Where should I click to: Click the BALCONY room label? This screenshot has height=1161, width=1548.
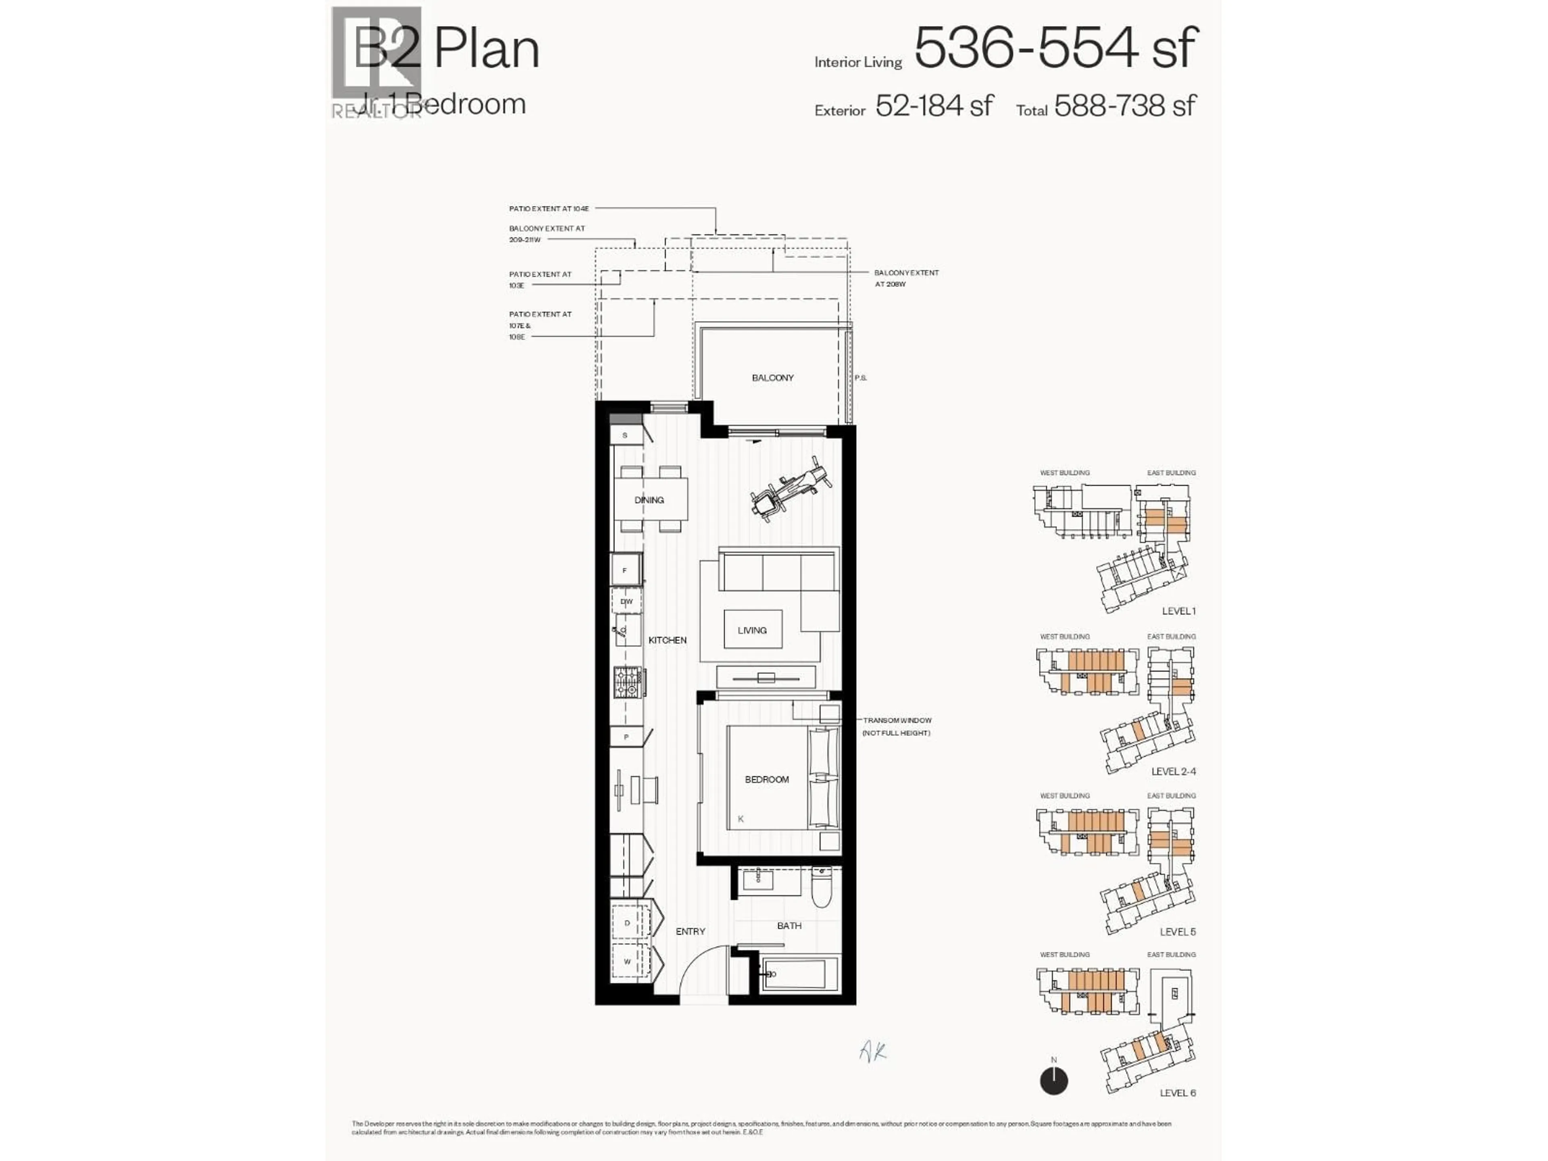(x=773, y=378)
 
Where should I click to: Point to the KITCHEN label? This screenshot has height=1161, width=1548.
(x=667, y=640)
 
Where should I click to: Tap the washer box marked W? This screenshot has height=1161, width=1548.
(x=627, y=961)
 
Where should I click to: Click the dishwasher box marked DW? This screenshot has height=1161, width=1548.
(x=626, y=601)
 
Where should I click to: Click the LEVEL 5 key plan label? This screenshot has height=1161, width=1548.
(x=1177, y=932)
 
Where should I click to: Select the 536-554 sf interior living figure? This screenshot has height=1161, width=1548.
(x=1055, y=48)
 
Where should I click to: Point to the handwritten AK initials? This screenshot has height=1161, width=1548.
(x=873, y=1052)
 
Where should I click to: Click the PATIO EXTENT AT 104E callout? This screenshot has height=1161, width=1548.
(x=549, y=208)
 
